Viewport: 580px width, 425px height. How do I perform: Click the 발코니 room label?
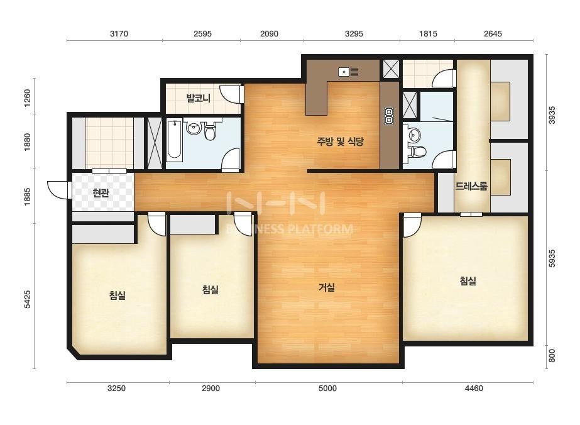pos(199,98)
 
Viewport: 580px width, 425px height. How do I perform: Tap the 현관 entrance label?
pos(101,193)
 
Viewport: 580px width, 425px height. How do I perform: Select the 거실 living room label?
pos(327,287)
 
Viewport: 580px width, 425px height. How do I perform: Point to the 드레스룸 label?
pos(471,186)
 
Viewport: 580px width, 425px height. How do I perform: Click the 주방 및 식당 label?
pos(341,141)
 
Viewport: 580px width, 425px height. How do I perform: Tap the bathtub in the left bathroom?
pos(174,140)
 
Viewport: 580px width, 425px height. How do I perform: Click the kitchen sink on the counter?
pos(348,72)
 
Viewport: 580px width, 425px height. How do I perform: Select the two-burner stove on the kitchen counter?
pos(389,116)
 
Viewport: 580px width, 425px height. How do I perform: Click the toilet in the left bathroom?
pos(210,132)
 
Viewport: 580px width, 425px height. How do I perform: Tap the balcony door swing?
pos(231,94)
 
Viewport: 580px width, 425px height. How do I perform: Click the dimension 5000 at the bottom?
pos(328,389)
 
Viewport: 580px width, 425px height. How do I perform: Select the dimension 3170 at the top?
pos(119,34)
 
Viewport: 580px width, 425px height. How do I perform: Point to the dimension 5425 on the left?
pos(28,299)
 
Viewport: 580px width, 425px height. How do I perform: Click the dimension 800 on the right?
pos(552,356)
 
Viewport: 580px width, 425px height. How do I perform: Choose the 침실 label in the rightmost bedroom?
pos(468,280)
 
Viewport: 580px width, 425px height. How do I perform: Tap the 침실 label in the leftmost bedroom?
pos(118,295)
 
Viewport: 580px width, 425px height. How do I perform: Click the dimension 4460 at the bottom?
pos(474,389)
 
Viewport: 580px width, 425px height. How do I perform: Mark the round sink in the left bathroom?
pos(194,128)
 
